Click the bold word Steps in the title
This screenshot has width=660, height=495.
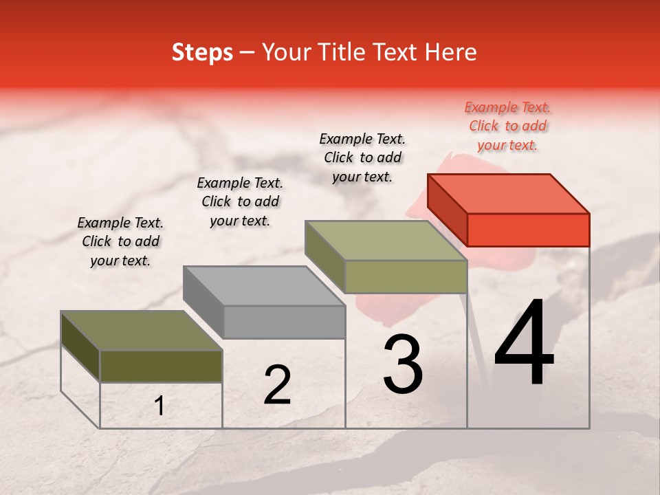tap(202, 52)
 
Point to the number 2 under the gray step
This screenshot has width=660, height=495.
tap(277, 385)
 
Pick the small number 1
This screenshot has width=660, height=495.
tap(159, 406)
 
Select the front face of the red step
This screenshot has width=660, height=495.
tap(528, 230)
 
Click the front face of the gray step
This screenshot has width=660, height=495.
tap(284, 322)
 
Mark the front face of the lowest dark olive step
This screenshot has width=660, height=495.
tap(161, 366)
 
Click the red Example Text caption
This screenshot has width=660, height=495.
tap(507, 126)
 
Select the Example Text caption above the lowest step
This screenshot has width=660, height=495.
tap(120, 241)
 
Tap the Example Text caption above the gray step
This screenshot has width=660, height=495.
tap(240, 201)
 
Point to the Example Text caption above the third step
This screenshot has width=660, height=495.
tap(362, 157)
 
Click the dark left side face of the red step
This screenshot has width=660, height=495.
tap(447, 210)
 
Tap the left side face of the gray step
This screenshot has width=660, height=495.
tap(203, 301)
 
